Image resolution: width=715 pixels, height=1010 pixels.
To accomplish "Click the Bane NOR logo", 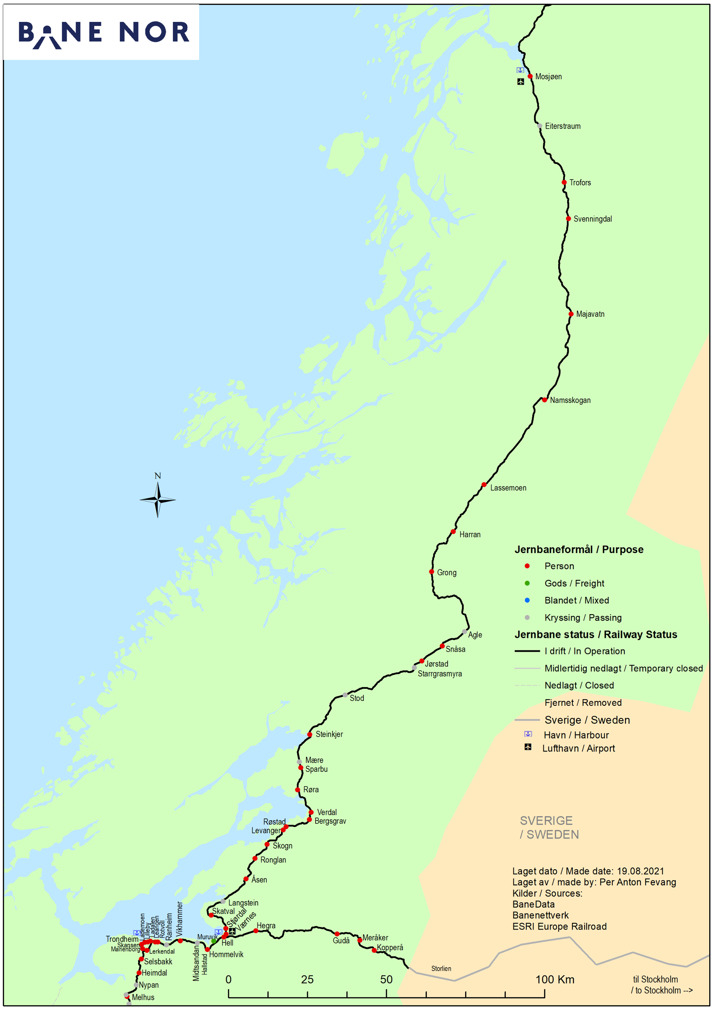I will click(x=104, y=33).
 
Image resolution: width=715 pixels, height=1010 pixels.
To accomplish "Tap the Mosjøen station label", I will click(x=548, y=77).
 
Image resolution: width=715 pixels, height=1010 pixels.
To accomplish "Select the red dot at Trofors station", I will click(x=564, y=182).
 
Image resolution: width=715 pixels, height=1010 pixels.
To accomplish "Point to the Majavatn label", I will click(x=590, y=314).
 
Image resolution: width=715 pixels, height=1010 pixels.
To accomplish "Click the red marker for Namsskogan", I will click(x=544, y=400).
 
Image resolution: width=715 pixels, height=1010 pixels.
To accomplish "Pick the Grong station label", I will click(x=446, y=573).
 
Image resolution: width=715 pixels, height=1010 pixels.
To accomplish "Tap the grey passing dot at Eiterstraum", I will click(x=539, y=126).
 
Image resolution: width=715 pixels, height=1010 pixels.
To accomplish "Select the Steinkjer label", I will click(x=329, y=734).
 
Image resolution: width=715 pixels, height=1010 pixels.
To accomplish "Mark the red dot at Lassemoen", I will click(x=484, y=485).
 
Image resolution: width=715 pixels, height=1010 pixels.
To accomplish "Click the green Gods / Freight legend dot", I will click(x=527, y=583).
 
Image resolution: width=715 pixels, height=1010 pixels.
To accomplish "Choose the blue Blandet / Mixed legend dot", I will click(x=527, y=600).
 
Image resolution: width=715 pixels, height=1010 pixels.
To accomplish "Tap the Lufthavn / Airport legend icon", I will click(x=528, y=747).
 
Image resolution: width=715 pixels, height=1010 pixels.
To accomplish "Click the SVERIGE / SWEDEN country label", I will click(x=549, y=828).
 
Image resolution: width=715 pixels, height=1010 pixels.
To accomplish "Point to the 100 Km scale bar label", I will click(x=555, y=980).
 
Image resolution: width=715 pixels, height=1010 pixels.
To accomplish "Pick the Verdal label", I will click(x=327, y=812).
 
